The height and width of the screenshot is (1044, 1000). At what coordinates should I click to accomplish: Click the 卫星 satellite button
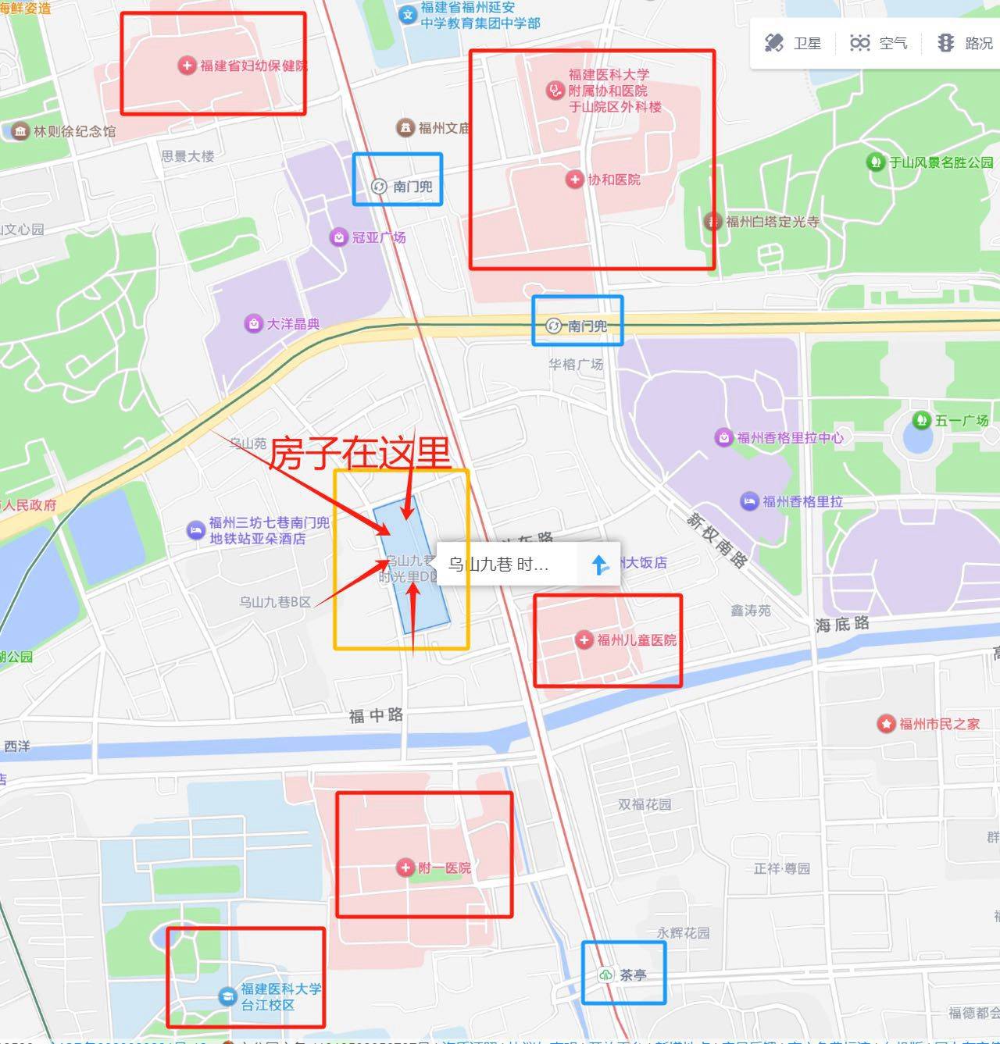tap(792, 43)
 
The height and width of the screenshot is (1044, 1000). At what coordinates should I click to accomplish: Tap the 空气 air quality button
tap(878, 43)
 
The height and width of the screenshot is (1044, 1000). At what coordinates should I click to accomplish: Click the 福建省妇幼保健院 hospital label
tap(253, 66)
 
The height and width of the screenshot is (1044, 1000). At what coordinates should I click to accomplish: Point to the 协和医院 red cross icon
tap(574, 180)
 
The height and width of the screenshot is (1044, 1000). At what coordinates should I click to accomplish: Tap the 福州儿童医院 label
tap(636, 640)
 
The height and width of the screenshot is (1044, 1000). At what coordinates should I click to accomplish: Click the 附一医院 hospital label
tap(444, 868)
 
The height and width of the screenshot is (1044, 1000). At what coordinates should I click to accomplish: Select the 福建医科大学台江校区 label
tap(280, 996)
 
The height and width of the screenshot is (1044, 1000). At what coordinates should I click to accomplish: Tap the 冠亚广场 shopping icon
tap(338, 237)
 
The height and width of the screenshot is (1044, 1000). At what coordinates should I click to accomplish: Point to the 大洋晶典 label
tap(293, 323)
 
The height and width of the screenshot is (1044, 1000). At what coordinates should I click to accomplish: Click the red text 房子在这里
tap(360, 453)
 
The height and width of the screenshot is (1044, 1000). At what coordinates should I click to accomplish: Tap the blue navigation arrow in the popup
tap(600, 564)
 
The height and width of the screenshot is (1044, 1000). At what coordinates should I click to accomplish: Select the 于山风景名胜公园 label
tap(941, 162)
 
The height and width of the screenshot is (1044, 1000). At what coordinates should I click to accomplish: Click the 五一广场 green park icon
tap(921, 420)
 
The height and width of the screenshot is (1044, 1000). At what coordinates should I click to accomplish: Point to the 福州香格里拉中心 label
tap(790, 437)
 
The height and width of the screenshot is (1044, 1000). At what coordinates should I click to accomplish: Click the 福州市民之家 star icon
tap(885, 724)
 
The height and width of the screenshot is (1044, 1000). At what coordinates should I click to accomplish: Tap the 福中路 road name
tap(376, 715)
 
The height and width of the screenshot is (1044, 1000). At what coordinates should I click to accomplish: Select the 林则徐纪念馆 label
tap(74, 131)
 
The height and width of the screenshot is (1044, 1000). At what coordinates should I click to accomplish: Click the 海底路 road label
tap(842, 624)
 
